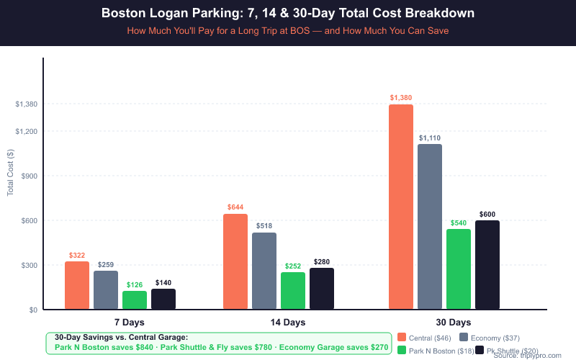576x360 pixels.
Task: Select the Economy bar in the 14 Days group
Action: [x=264, y=271]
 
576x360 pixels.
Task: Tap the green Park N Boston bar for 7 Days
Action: [x=135, y=300]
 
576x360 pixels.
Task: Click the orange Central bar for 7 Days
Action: [x=77, y=286]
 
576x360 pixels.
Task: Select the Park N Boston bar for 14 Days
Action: [x=293, y=291]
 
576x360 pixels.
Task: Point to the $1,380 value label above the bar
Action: [x=401, y=98]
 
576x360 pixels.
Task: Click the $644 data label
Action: [x=235, y=207]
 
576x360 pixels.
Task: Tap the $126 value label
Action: [x=135, y=284]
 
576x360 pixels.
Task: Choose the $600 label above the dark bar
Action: [x=487, y=215]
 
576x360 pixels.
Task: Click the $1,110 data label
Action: [x=430, y=138]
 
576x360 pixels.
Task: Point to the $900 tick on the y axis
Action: [x=27, y=176]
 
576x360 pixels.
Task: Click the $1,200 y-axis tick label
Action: [x=25, y=132]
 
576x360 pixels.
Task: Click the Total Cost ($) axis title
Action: [x=10, y=173]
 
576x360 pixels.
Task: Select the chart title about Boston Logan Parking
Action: [x=288, y=14]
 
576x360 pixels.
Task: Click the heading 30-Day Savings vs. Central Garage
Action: [x=121, y=337]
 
